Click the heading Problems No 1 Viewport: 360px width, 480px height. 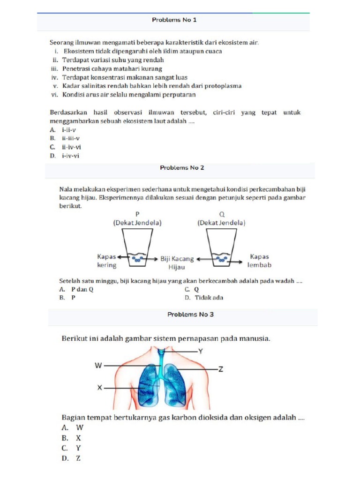[x=174, y=20]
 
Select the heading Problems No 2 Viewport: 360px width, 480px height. [x=182, y=167]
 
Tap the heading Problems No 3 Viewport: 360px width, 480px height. [x=190, y=315]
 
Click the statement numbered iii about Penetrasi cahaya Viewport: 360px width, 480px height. [x=107, y=68]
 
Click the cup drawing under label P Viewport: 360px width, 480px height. [x=137, y=248]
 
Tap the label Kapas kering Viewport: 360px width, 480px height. [x=106, y=261]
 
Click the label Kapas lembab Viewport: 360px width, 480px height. [x=259, y=261]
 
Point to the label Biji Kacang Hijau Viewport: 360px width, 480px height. [x=177, y=262]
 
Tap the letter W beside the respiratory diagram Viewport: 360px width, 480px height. [x=98, y=366]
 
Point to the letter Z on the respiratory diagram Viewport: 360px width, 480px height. [x=221, y=369]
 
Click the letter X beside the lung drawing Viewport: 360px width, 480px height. [x=99, y=388]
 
